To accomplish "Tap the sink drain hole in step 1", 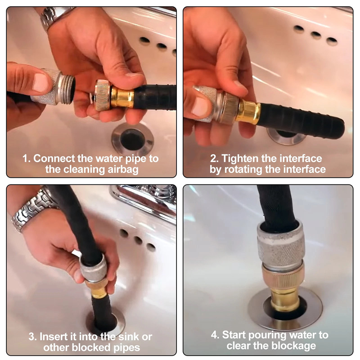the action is click(132, 139).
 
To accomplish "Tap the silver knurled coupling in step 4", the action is click(281, 246).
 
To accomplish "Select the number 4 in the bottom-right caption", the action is click(214, 335).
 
